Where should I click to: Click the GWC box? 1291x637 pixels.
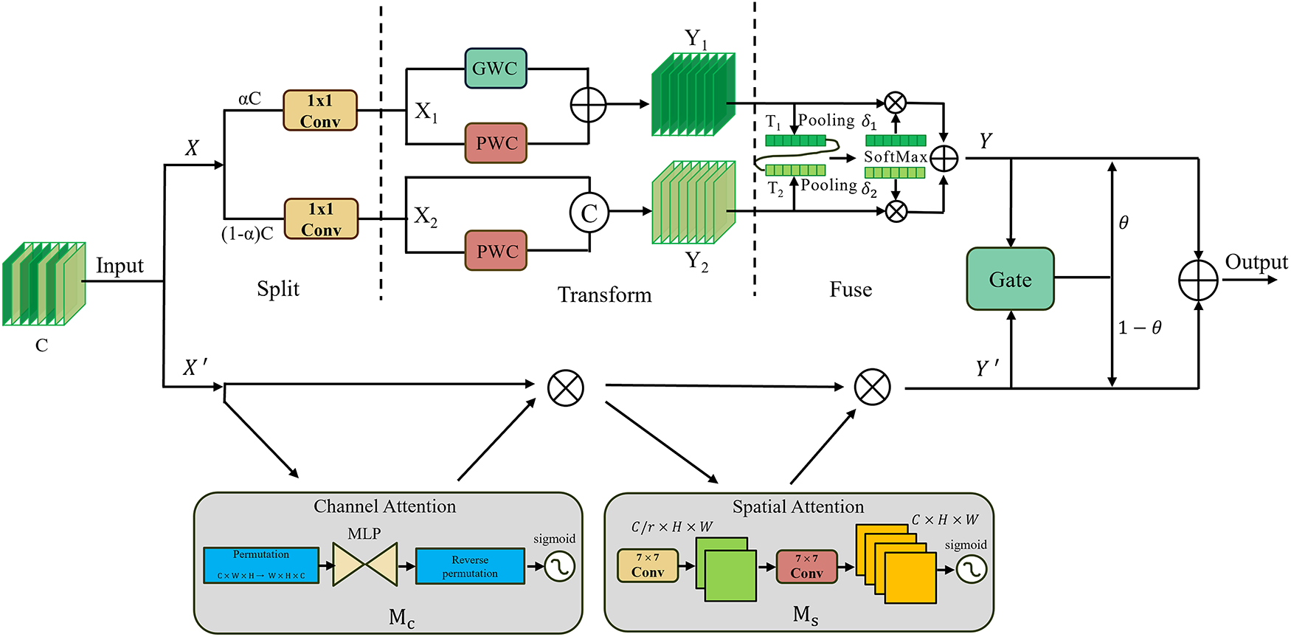[496, 69]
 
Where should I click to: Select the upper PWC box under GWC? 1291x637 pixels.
[496, 143]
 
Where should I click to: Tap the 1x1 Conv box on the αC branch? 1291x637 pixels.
[320, 111]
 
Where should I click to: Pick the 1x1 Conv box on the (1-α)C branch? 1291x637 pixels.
[321, 219]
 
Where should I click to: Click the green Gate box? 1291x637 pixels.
[1010, 279]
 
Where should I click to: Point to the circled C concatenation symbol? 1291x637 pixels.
[589, 213]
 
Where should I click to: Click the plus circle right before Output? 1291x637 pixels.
[1198, 280]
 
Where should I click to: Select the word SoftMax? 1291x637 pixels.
[895, 156]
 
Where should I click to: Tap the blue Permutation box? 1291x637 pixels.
[261, 565]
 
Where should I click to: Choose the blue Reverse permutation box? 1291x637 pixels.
[470, 566]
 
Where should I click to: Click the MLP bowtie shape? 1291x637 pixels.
[365, 565]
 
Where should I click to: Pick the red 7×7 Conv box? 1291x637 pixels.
[806, 567]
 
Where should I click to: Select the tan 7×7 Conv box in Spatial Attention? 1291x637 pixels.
[648, 565]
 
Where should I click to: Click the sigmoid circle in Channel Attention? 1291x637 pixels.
[559, 567]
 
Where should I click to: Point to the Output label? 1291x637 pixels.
[1256, 262]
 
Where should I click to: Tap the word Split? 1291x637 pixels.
[278, 289]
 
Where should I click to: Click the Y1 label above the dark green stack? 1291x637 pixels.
[695, 39]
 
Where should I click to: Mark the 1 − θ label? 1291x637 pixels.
[1140, 328]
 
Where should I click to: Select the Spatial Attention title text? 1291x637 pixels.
[797, 507]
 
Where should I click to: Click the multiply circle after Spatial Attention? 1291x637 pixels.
[872, 388]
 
